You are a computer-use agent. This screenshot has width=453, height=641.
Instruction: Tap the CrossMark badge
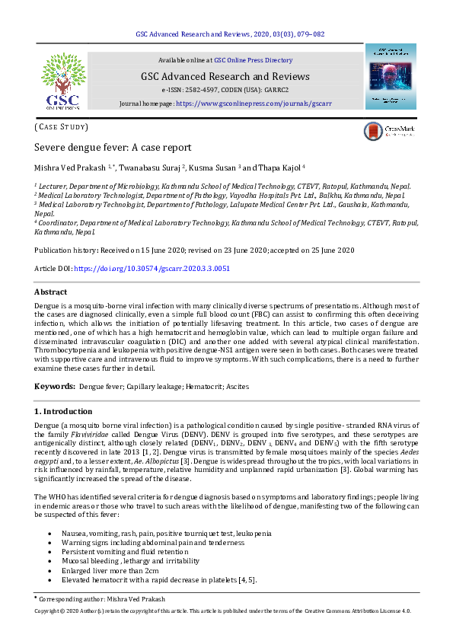point(391,131)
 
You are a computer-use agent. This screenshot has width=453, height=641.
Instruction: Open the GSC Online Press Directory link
point(253,59)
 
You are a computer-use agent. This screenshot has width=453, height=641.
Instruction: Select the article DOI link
point(152,269)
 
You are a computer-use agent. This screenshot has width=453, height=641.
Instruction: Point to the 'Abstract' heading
point(50,292)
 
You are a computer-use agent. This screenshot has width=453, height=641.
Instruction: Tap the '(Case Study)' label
point(62,126)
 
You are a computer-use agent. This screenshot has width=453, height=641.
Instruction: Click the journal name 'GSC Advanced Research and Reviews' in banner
point(225,76)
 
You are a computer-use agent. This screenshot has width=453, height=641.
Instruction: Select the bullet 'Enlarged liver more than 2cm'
point(112,569)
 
